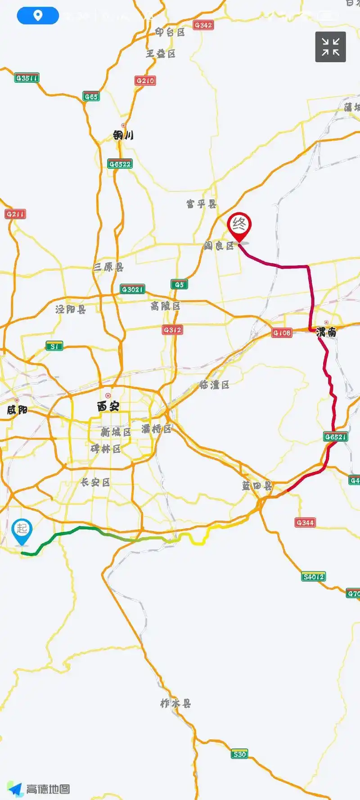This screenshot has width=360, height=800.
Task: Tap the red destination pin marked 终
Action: coord(239,225)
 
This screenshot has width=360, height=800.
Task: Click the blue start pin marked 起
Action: coord(22,530)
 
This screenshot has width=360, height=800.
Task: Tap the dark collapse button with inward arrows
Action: coord(330,47)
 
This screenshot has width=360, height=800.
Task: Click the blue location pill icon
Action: coord(38,16)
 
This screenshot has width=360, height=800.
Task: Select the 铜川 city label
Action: coord(123,135)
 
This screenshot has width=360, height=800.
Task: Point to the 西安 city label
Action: coord(108,406)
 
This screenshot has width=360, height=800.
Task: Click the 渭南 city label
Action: coord(326,332)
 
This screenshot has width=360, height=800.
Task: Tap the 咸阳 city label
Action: coord(17,409)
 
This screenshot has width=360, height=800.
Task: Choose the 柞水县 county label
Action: coord(175,703)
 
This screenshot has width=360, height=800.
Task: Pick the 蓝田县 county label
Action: coord(257,486)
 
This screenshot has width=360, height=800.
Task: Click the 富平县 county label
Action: coord(201,204)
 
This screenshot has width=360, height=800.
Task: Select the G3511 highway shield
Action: coord(27,78)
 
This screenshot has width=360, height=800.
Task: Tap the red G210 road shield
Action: coord(145,81)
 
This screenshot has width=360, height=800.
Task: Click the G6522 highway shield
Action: coord(120,164)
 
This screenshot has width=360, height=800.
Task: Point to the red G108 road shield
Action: coord(282,333)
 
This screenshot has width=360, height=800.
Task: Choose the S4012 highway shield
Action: coord(313,577)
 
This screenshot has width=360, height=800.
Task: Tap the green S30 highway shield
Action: coord(239,754)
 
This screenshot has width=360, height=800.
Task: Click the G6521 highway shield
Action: coord(336,437)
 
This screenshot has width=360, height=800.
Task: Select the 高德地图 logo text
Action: coord(48,789)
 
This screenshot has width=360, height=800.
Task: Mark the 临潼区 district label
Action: coord(214,385)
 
